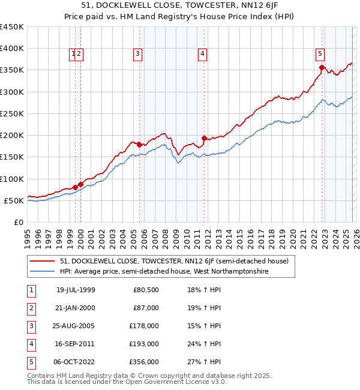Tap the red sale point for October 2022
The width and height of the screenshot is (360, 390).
322,68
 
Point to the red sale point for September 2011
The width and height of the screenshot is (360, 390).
204,138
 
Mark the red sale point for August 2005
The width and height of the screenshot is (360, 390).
140,145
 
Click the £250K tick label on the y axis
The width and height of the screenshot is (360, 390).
11,113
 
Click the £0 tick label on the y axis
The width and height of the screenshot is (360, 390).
19,222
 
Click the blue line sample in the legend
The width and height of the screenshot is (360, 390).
43,272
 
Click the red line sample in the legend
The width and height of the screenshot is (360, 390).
43,261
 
